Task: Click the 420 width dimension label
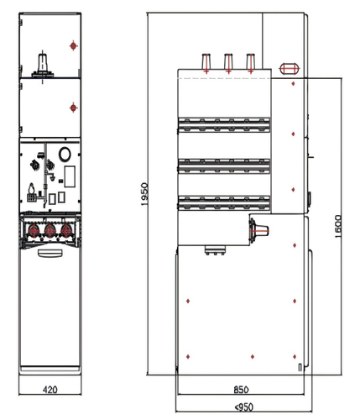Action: tap(50, 390)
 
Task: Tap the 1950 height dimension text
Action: tap(144, 194)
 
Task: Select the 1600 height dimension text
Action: tap(337, 227)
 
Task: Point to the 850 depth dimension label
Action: tap(241, 390)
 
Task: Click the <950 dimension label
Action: tap(244, 407)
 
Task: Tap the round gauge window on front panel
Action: tap(65, 154)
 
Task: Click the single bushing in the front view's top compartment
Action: tap(43, 66)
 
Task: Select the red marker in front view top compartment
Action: tap(73, 45)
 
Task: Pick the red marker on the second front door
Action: tap(73, 108)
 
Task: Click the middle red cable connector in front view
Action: tap(50, 230)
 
